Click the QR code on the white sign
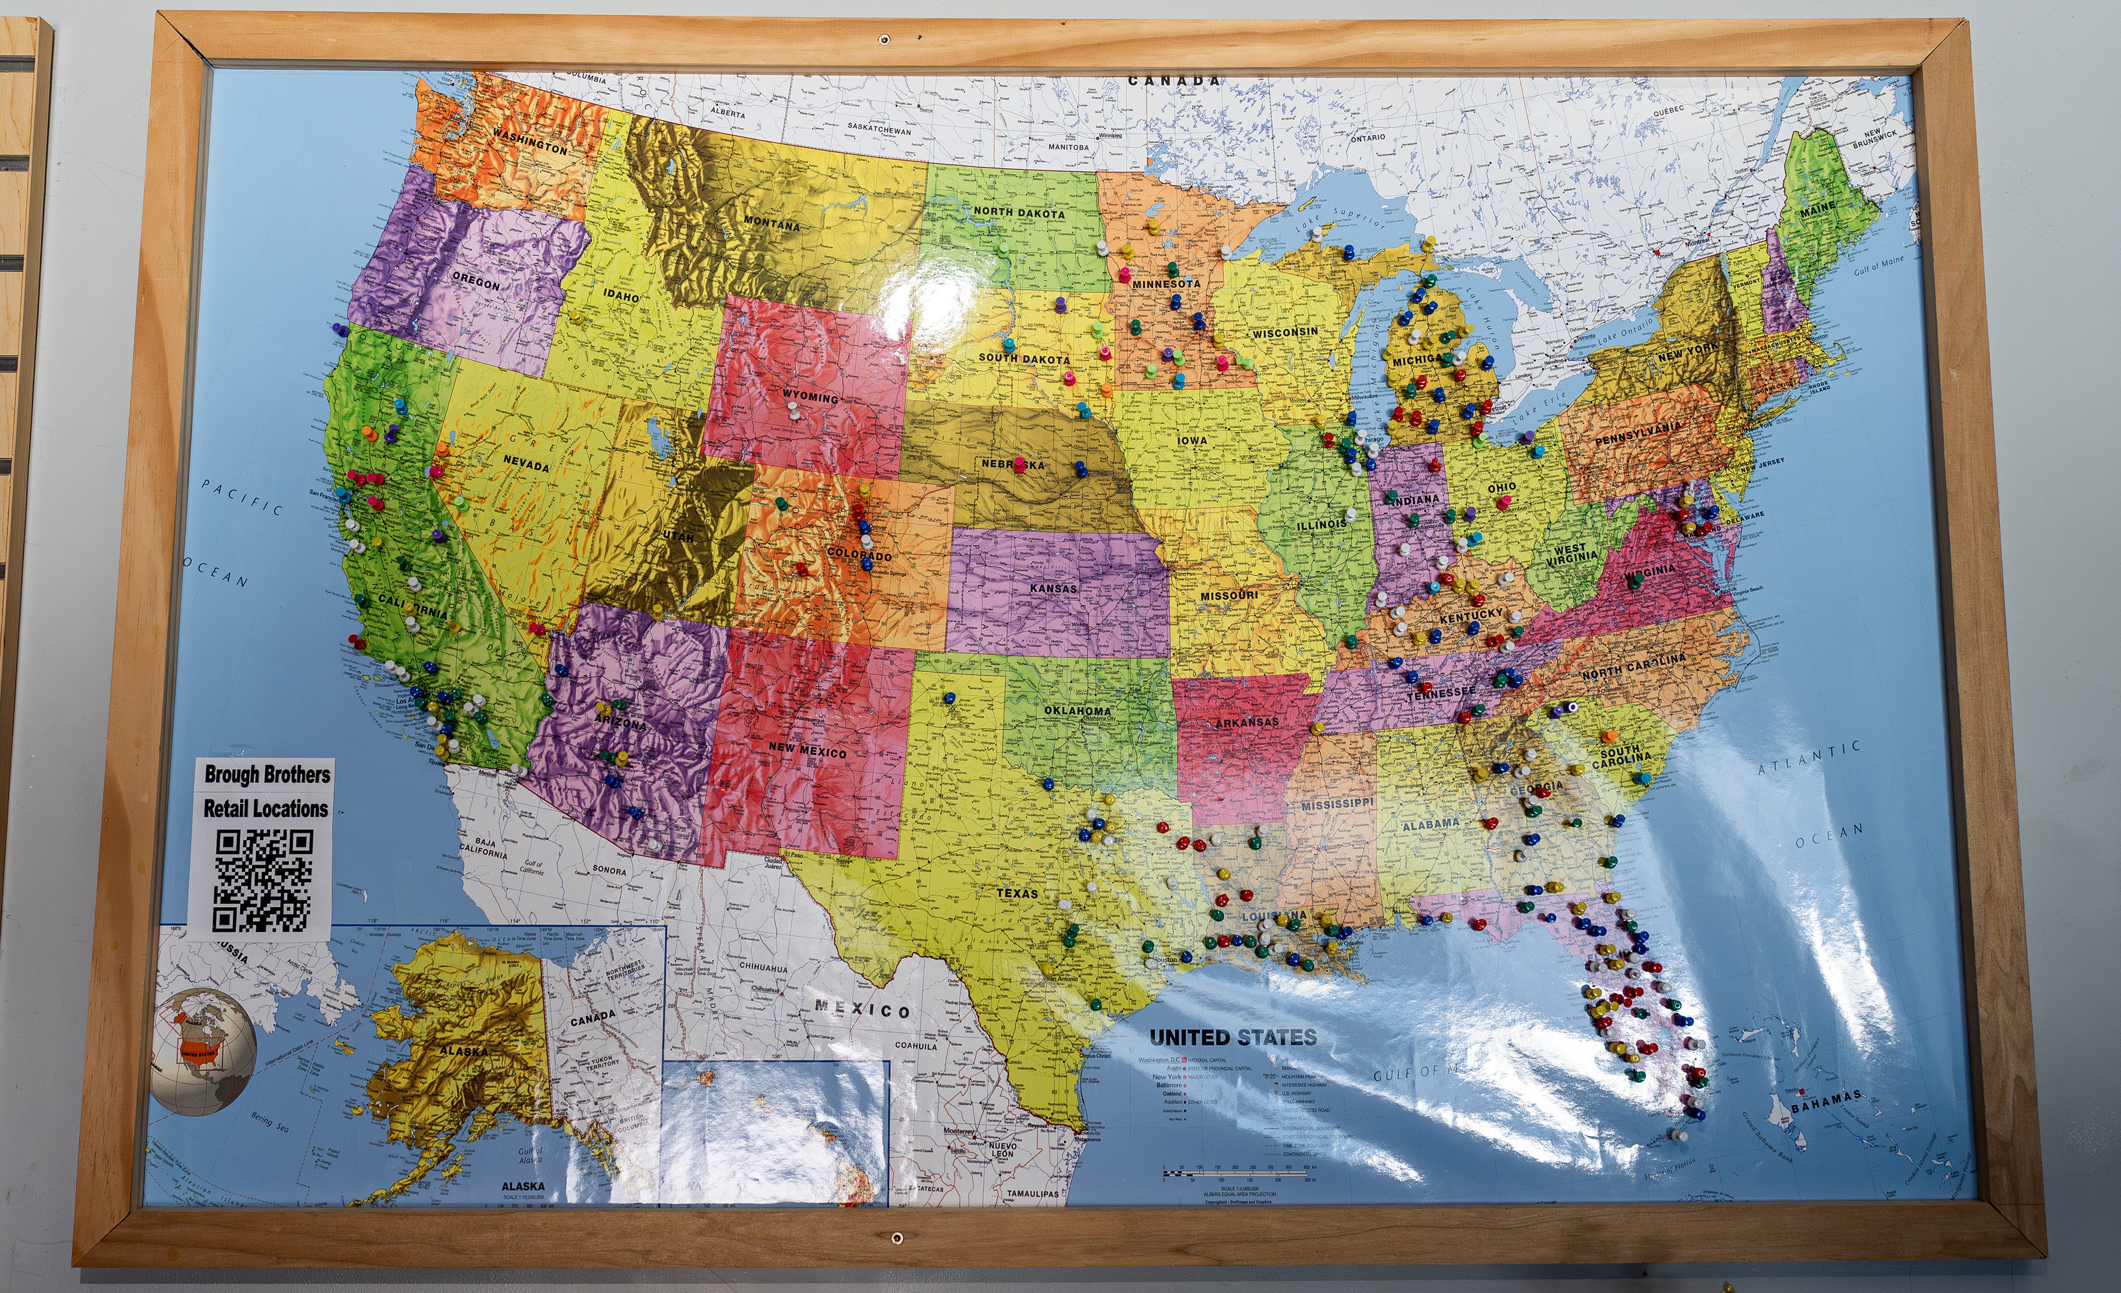(262, 880)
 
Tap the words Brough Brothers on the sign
(267, 774)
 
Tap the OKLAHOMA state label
(1077, 710)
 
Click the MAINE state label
(1818, 209)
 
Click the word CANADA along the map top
(1174, 81)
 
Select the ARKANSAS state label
(1247, 722)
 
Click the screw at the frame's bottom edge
(897, 1239)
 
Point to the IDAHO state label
(620, 295)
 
